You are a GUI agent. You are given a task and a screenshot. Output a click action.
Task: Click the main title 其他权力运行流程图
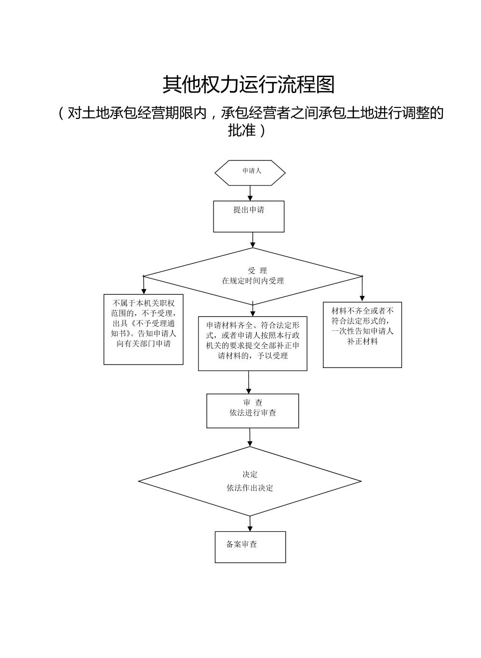point(248,85)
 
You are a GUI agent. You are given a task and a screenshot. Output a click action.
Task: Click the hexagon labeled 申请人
point(250,172)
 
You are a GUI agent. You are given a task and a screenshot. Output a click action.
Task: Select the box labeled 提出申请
point(249,216)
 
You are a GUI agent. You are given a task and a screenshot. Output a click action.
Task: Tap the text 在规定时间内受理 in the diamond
point(253,281)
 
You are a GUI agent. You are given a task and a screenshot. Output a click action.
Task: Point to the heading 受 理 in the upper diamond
point(257,271)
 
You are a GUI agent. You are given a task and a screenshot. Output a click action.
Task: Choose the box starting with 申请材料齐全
point(253,343)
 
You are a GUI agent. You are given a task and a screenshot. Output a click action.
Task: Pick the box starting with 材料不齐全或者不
point(362,335)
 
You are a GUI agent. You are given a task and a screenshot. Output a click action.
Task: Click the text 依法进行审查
point(253,413)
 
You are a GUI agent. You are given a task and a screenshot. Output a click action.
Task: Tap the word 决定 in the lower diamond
point(250,474)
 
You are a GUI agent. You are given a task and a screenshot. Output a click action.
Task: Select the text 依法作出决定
point(250,488)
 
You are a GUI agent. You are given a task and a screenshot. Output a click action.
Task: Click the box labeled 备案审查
point(250,547)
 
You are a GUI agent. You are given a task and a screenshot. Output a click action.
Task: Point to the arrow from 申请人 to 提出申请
point(250,193)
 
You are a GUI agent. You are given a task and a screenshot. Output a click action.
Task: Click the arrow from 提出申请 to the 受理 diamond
point(253,239)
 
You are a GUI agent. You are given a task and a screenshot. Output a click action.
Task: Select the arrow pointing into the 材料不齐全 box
point(362,289)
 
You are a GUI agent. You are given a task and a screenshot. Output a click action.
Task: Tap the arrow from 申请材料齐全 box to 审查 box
point(249,382)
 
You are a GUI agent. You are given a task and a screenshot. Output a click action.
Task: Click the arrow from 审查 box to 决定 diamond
point(250,437)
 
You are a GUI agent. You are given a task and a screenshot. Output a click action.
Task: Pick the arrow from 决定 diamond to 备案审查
point(250,523)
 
